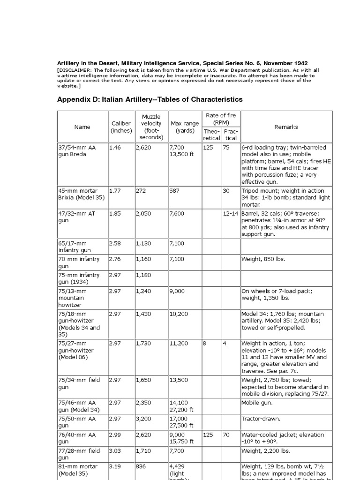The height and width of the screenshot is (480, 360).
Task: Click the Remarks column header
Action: click(286, 127)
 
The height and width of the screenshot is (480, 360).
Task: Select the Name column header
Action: click(82, 127)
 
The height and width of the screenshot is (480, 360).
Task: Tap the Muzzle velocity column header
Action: click(151, 127)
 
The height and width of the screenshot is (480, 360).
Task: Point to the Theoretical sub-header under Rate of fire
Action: click(211, 135)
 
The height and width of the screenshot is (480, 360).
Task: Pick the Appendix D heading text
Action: click(150, 99)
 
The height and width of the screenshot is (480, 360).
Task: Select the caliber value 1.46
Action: click(115, 148)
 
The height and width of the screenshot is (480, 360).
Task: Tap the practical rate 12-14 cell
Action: click(230, 214)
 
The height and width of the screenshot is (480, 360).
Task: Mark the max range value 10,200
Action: click(180, 314)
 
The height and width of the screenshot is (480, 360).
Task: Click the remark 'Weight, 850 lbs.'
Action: click(263, 259)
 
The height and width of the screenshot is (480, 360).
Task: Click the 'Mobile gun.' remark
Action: click(257, 402)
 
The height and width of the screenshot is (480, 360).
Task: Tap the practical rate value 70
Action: click(226, 435)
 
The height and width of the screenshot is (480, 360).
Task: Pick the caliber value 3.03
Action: click(115, 451)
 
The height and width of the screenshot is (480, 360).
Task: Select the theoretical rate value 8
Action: click(204, 344)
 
